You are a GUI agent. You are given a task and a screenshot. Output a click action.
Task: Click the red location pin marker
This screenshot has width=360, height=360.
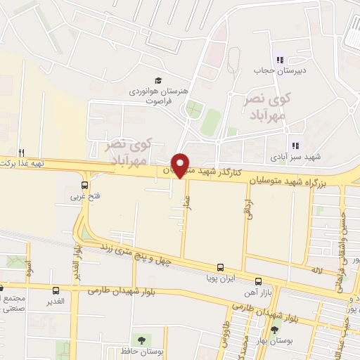point(181,165)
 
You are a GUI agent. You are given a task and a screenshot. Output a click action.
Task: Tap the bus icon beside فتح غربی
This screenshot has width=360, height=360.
point(84,186)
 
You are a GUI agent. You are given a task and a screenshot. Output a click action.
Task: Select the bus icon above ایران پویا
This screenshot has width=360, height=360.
point(221,268)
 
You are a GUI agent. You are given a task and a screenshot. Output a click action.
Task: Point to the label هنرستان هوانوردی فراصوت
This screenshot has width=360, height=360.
point(150,96)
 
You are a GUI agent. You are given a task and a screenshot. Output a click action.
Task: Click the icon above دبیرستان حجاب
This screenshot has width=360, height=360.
point(279,60)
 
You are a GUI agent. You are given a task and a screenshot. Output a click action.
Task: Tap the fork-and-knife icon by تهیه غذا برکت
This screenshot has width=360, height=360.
point(22,153)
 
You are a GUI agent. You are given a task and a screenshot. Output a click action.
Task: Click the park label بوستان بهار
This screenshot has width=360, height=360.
point(275,340)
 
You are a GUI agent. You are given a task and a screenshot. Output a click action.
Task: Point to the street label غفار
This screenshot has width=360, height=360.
point(187,202)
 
